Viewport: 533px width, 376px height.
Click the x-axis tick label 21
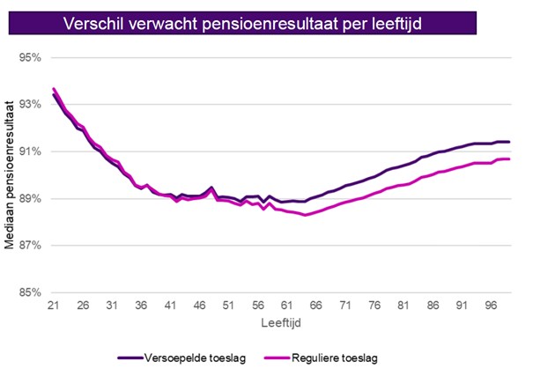54,306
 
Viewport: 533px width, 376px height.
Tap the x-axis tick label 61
285,306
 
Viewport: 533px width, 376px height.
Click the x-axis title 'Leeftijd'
282,324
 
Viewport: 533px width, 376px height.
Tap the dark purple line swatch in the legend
130,358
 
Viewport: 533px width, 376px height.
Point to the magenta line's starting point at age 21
54,89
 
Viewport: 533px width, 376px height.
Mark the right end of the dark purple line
510,142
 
